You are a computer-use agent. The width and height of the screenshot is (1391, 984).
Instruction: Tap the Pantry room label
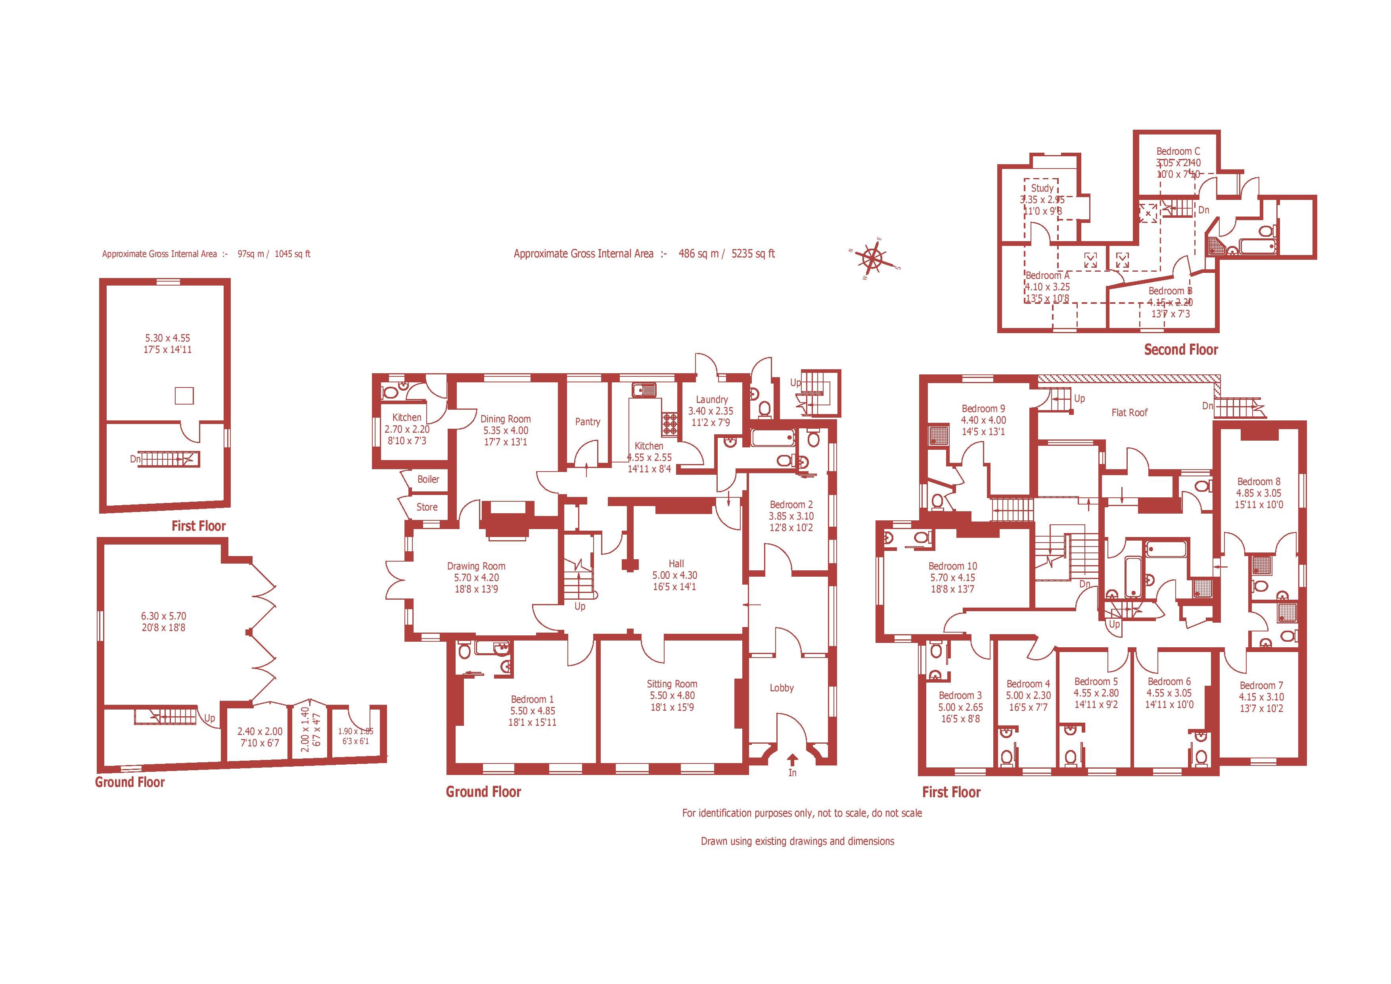587,422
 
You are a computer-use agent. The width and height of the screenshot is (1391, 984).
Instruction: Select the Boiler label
428,479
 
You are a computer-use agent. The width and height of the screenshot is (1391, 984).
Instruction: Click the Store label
427,507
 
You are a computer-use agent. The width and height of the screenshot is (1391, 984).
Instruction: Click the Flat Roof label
1129,412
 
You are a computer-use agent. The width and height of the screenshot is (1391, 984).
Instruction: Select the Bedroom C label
1178,152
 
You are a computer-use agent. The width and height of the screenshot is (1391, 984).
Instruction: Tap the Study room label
1042,188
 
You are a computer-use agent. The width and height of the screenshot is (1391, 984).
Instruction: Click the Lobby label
782,688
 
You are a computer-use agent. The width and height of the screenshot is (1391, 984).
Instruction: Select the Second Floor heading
1180,349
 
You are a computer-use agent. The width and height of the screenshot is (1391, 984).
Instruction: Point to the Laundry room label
711,399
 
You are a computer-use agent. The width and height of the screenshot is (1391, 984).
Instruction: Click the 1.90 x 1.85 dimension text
356,731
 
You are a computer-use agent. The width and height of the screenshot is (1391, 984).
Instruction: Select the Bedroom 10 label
952,566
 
